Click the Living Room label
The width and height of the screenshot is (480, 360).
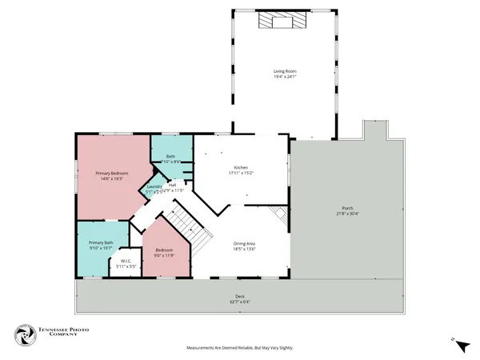click(286, 71)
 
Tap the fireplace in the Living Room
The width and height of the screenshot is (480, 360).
click(282, 22)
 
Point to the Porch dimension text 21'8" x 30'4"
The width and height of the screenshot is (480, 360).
click(348, 214)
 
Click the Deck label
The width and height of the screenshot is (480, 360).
click(240, 297)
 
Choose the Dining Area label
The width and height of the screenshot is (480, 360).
click(245, 243)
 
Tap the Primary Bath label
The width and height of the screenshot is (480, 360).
click(101, 242)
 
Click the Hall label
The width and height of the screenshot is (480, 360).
click(172, 185)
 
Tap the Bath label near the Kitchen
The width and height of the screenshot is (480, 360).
click(170, 157)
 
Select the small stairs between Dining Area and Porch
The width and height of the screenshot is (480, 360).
click(278, 214)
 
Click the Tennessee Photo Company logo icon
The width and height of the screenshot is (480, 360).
click(25, 336)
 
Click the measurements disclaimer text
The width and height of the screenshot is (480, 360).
click(240, 349)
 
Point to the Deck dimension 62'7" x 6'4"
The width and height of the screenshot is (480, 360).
click(240, 302)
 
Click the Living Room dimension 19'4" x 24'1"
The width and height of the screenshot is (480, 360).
click(286, 77)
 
